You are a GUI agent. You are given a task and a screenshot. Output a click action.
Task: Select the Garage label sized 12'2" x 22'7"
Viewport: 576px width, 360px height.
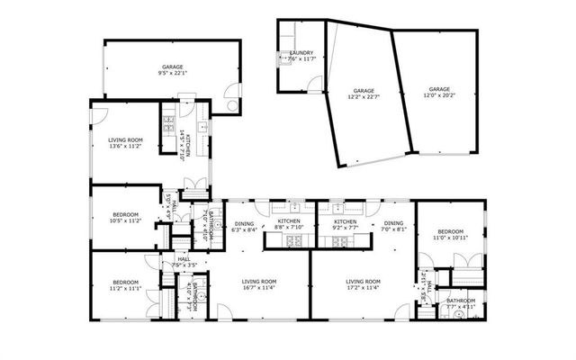pyautogui.click(x=363, y=97)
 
